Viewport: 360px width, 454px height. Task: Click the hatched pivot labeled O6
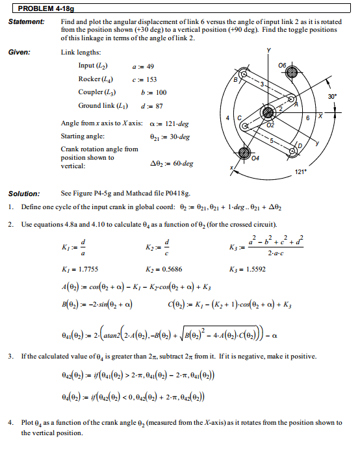point(290,71)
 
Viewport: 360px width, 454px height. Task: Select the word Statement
point(26,22)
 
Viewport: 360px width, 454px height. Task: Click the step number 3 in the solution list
point(12,357)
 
